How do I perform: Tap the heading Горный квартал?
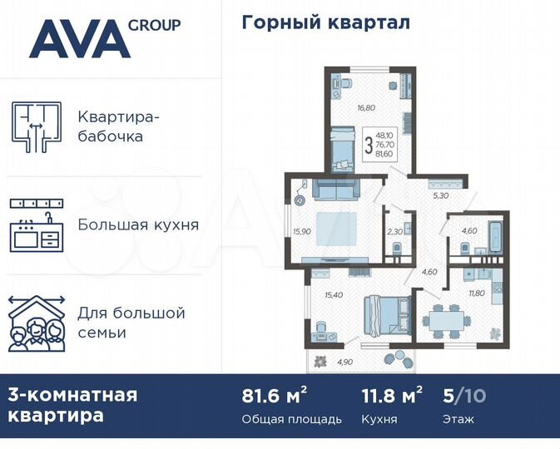[325, 22]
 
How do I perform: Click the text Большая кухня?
[138, 224]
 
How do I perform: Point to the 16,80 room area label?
[344, 107]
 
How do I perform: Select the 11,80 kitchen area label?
[477, 292]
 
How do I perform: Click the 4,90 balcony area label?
[344, 361]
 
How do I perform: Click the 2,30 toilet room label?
[394, 232]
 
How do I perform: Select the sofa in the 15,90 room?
[335, 191]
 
